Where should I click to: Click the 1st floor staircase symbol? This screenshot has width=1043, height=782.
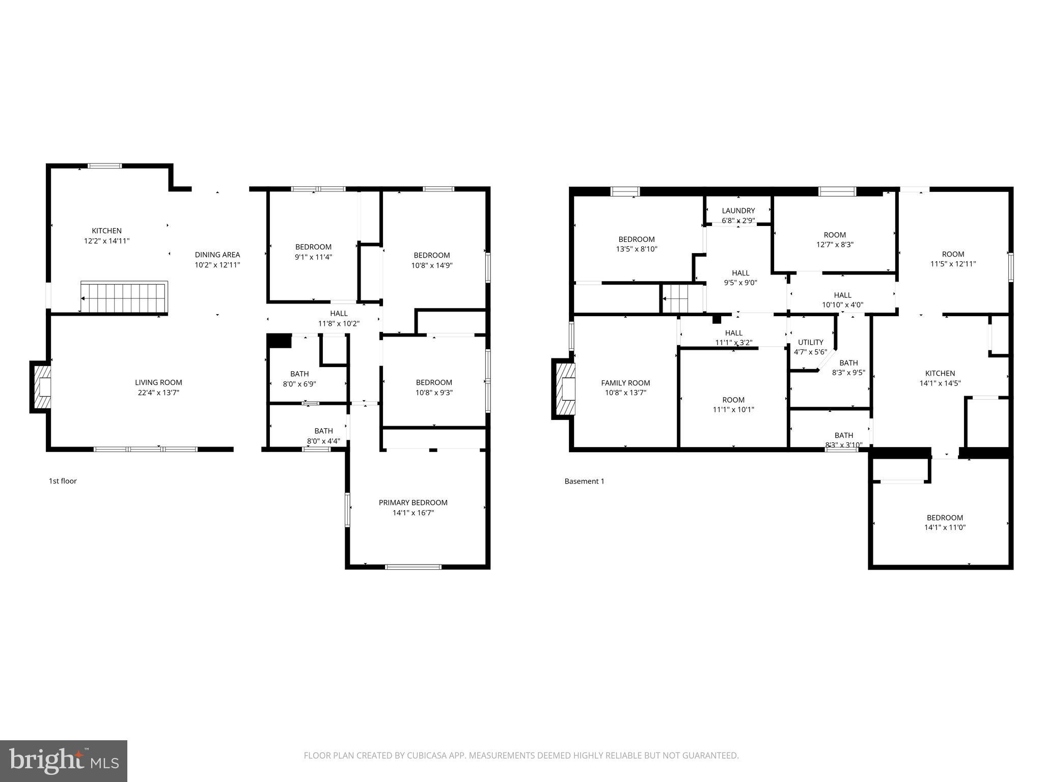pos(124,297)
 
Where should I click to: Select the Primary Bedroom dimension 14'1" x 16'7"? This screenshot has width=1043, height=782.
pos(413,513)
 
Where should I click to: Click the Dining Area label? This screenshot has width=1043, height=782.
pos(217,255)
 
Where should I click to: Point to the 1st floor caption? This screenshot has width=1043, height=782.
pos(63,481)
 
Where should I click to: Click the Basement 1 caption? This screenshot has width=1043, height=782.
pos(584,481)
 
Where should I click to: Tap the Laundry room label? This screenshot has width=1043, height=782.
pos(738,210)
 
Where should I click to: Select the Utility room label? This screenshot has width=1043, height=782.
pos(810,342)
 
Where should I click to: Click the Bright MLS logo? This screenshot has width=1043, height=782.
pos(63,761)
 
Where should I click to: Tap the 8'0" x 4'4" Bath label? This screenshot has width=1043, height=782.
pos(323,436)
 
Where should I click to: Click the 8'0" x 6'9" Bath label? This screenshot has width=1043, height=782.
pos(299,379)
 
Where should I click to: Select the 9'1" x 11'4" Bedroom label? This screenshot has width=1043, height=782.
pos(313,252)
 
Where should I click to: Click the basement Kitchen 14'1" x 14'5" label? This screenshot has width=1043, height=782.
pos(940,378)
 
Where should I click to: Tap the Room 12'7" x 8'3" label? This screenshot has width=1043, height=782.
pos(835,239)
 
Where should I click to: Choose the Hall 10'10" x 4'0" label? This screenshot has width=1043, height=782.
pos(842,300)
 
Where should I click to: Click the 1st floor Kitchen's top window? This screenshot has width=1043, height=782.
pos(105,165)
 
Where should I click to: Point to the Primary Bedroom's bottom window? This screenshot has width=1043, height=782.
pos(413,567)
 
